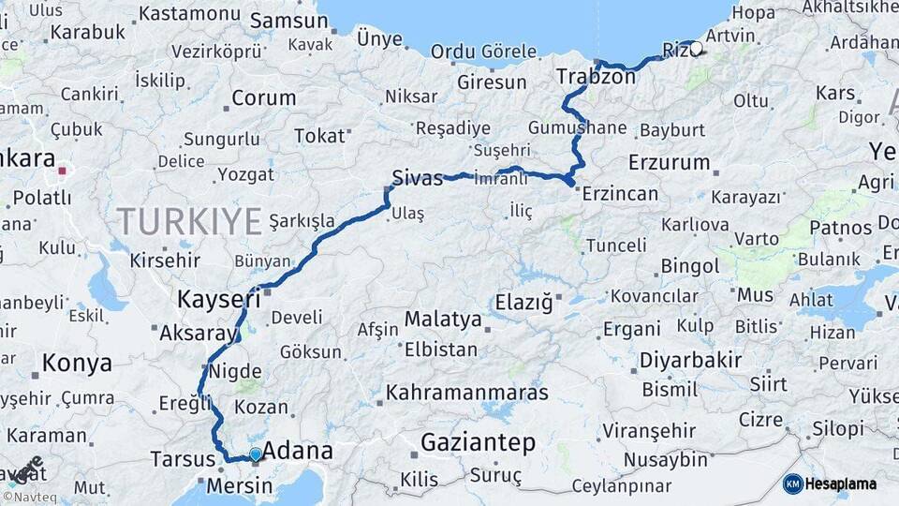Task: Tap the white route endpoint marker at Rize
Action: [x=696, y=48]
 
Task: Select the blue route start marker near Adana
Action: [x=255, y=454]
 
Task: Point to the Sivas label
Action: [x=418, y=178]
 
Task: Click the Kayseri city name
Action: [x=219, y=300]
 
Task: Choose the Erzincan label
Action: [x=620, y=195]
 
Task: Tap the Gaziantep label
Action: [x=479, y=442]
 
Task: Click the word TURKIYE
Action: [x=189, y=222]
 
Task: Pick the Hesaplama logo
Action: [x=830, y=484]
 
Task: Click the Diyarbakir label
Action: [x=690, y=361]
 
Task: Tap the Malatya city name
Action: [x=443, y=320]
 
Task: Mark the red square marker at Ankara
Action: [x=63, y=171]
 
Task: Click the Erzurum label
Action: [x=670, y=162]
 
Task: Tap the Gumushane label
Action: [x=577, y=127]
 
